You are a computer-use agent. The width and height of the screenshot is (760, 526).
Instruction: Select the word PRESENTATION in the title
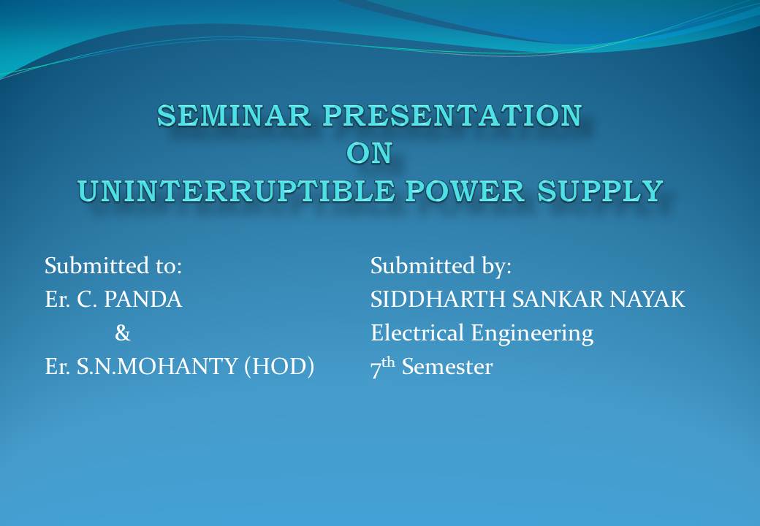click(453, 115)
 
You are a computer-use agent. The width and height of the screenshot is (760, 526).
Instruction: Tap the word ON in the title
click(369, 153)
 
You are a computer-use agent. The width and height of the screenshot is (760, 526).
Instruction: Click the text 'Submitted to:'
click(113, 266)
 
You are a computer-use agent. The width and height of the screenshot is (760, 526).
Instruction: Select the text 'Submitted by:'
click(441, 266)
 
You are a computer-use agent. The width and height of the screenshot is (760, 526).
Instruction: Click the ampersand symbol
click(122, 333)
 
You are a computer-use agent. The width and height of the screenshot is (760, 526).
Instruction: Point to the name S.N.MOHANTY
click(156, 367)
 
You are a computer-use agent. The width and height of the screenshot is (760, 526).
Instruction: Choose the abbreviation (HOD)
click(278, 367)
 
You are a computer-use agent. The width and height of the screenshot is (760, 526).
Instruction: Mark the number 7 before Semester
click(376, 369)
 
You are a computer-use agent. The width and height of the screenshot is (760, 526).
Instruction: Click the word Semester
click(446, 367)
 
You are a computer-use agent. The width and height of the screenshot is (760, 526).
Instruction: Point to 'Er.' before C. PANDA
click(56, 300)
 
